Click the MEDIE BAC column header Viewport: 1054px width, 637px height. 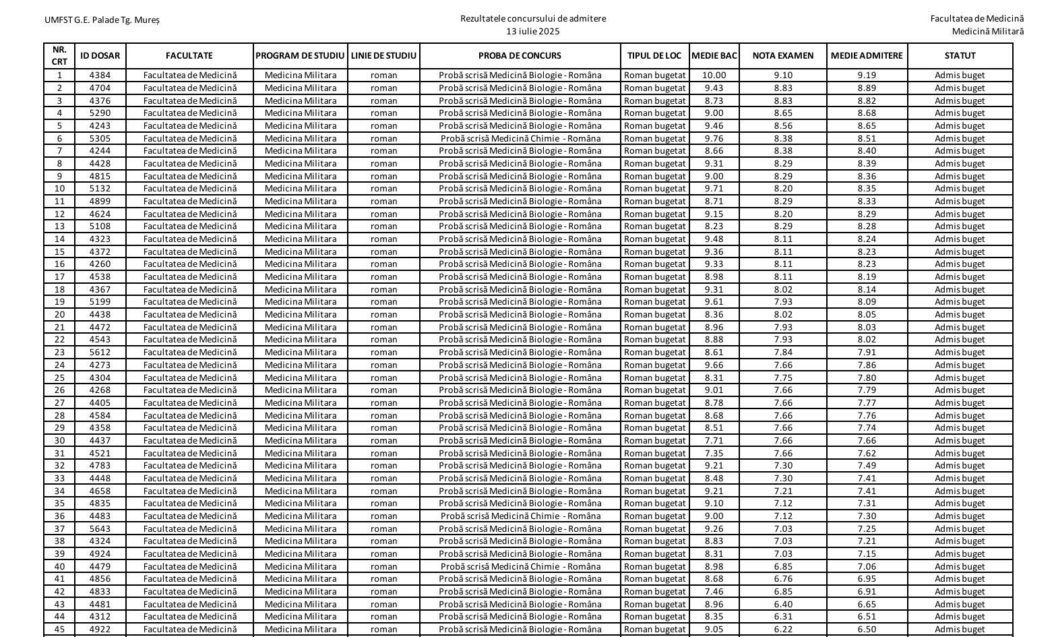(714, 56)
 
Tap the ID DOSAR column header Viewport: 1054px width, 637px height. (100, 56)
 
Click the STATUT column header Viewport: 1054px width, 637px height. (960, 56)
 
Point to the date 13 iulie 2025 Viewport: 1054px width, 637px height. (533, 31)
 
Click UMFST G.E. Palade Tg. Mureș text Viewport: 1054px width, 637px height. (102, 20)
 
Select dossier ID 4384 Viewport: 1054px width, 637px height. (100, 75)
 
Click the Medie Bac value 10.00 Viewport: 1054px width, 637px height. (714, 75)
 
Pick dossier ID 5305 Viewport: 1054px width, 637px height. (100, 138)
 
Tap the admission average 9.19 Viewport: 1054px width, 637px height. (867, 75)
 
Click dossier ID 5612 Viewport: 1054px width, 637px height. (100, 353)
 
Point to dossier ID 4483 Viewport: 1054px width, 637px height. (100, 516)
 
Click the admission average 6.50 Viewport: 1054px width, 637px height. (867, 630)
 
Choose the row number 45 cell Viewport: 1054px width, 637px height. (60, 630)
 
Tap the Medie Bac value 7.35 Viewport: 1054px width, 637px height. (714, 453)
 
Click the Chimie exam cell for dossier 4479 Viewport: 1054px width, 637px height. (520, 566)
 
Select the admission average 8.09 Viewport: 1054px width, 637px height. (867, 302)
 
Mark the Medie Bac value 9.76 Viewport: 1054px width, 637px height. (714, 138)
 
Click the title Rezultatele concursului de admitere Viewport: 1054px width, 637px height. (533, 19)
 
